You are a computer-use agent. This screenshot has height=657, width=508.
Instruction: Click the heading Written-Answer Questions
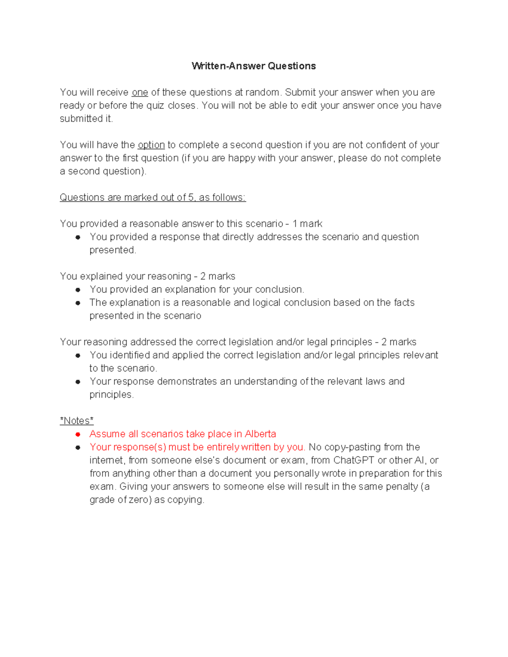(x=254, y=66)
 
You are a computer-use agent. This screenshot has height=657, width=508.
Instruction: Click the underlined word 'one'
(x=140, y=92)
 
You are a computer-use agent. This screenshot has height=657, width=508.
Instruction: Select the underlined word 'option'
(x=151, y=145)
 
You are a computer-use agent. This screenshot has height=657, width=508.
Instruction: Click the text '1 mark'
(x=307, y=223)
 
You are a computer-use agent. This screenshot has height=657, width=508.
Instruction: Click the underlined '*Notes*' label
(x=77, y=421)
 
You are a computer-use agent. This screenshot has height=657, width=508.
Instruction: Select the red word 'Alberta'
(x=260, y=434)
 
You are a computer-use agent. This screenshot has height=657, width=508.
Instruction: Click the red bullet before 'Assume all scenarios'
(x=78, y=434)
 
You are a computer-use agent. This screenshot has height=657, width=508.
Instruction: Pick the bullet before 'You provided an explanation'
(x=78, y=290)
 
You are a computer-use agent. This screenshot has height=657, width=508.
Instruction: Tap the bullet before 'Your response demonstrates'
(x=78, y=382)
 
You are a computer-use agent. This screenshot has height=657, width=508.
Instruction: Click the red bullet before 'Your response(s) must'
(x=78, y=447)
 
